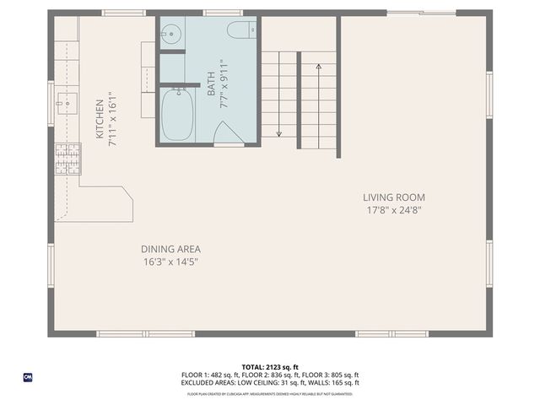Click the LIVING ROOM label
[394, 197]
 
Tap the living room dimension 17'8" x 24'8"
[394, 210]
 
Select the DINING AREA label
[170, 249]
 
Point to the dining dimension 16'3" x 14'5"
[170, 262]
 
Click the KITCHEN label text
[100, 119]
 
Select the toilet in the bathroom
[239, 31]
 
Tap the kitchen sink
[66, 104]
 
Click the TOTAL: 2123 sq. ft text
[270, 367]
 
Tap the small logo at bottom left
[28, 376]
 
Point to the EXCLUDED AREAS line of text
[270, 382]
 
